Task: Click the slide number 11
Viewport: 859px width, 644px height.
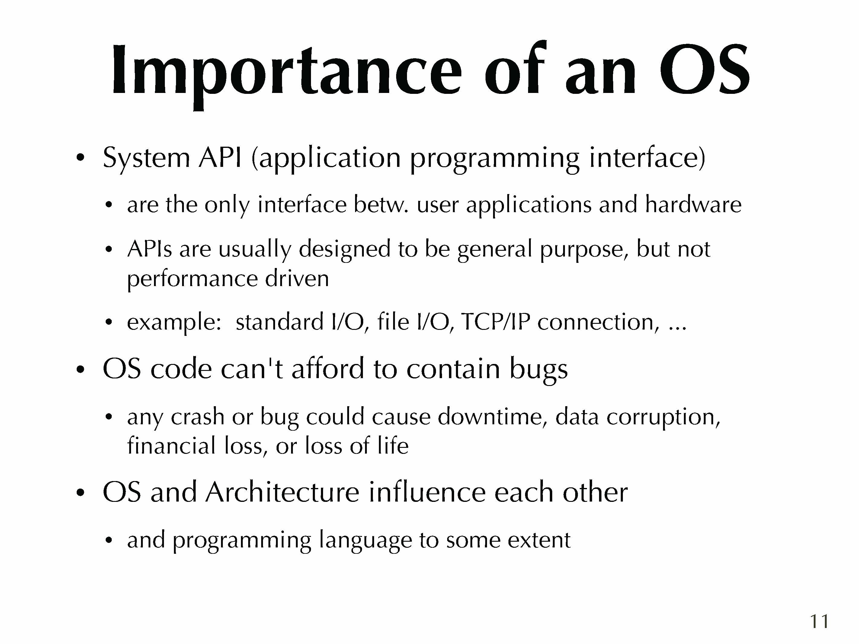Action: (819, 621)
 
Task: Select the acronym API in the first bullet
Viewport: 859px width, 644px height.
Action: (220, 158)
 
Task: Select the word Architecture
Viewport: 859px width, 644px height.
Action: (282, 492)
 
